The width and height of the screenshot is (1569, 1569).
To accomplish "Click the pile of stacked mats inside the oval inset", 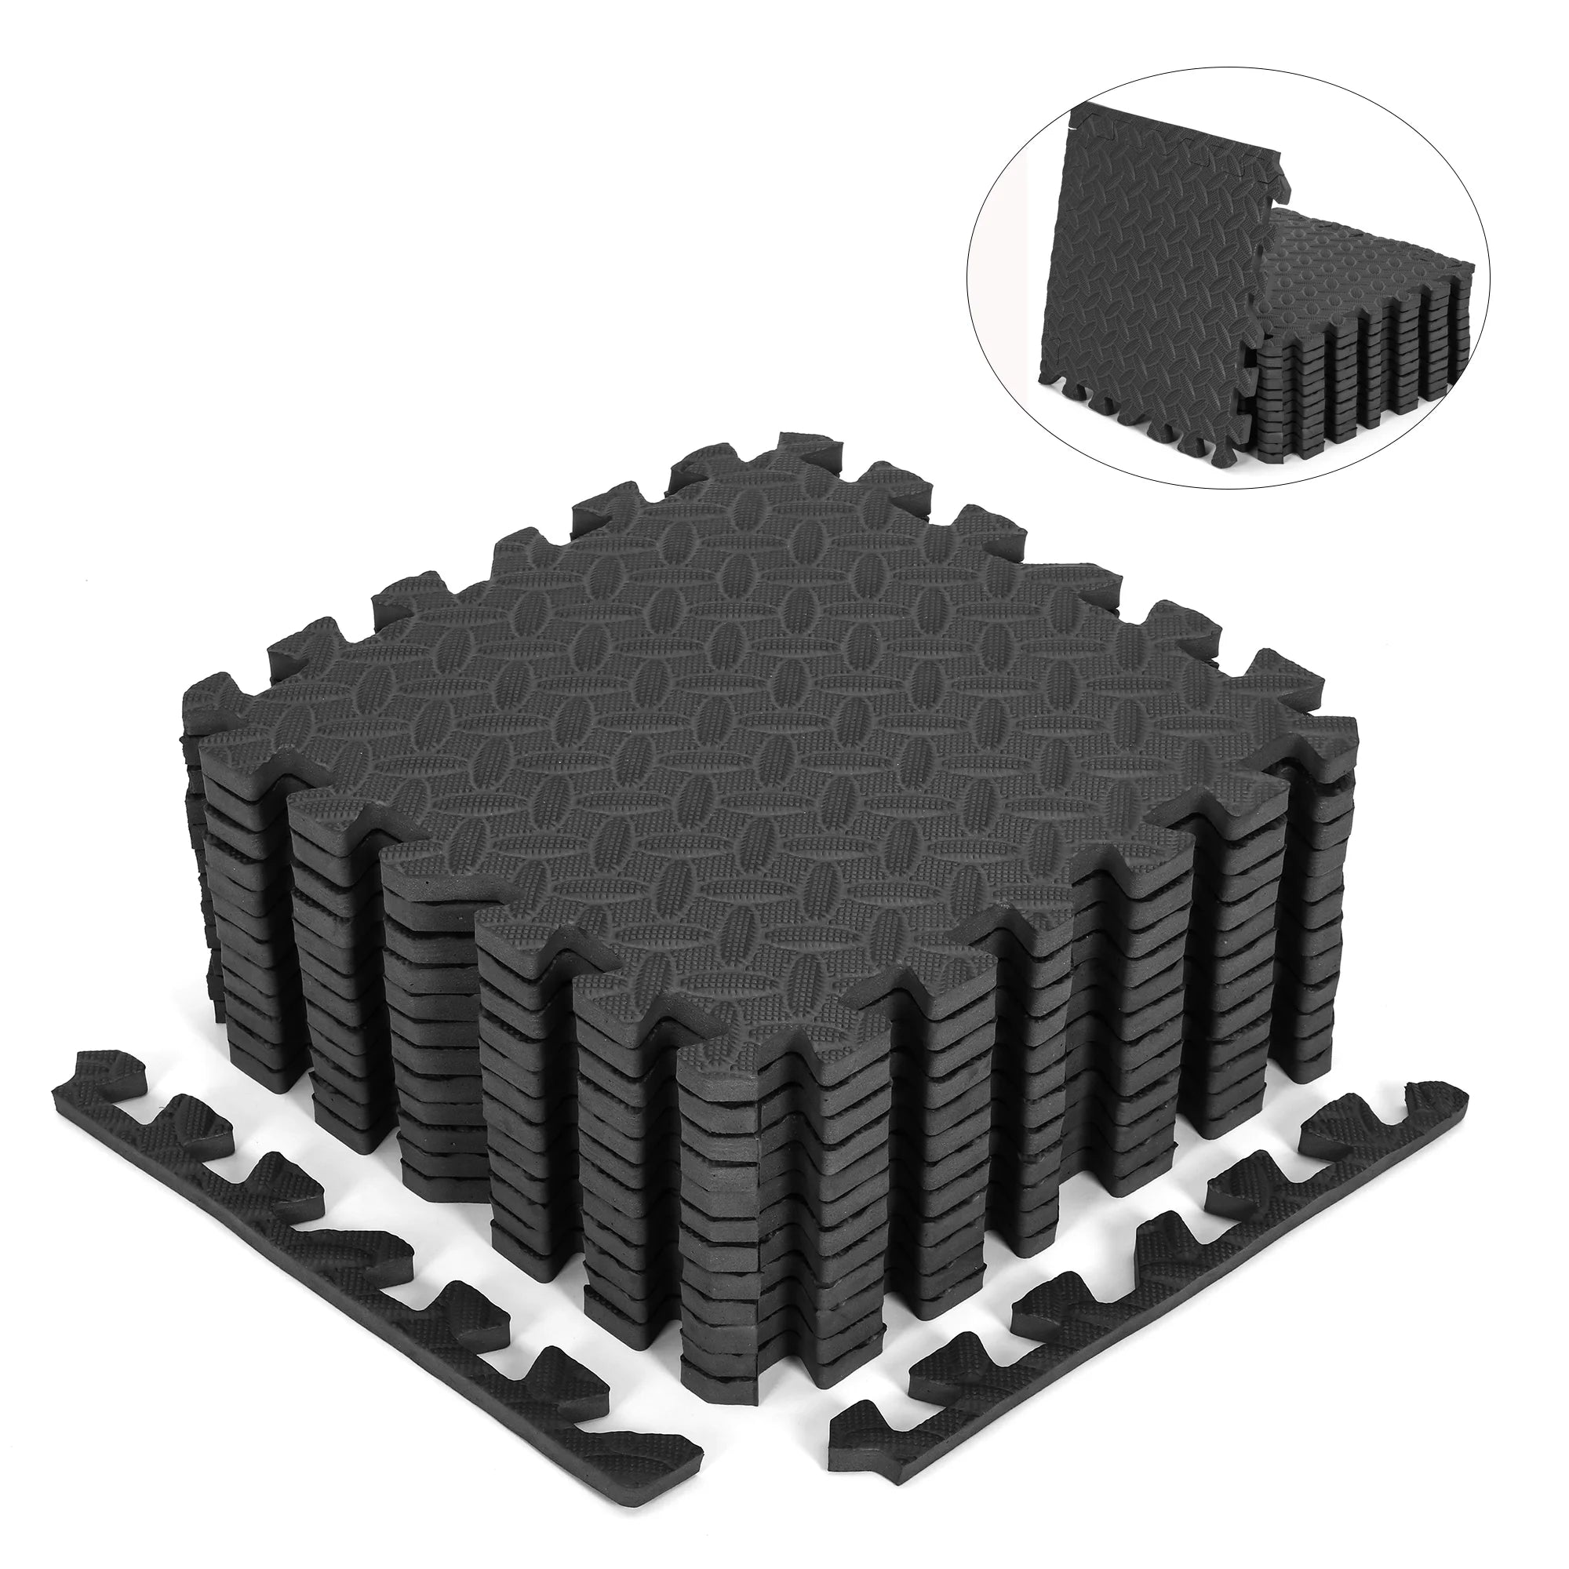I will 1364,341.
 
